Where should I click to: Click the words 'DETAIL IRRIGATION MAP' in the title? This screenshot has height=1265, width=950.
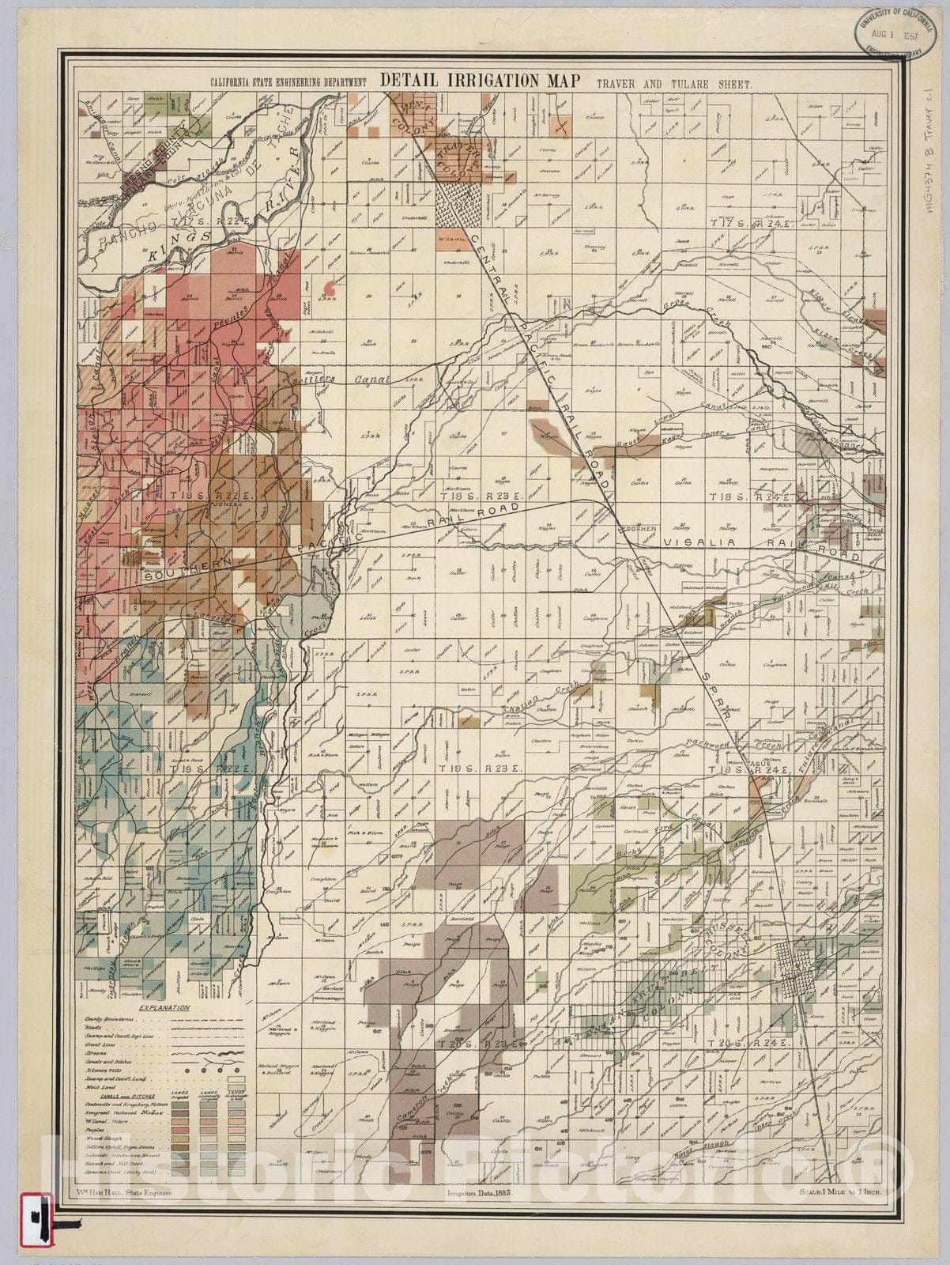tap(481, 80)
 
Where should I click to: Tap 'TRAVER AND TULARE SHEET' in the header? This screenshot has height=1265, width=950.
tap(674, 82)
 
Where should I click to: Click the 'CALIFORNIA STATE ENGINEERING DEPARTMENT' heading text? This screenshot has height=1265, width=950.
tap(288, 82)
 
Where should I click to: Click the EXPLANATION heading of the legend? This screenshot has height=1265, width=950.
tap(164, 1008)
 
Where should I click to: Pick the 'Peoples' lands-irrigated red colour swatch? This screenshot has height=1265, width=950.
tap(180, 1131)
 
